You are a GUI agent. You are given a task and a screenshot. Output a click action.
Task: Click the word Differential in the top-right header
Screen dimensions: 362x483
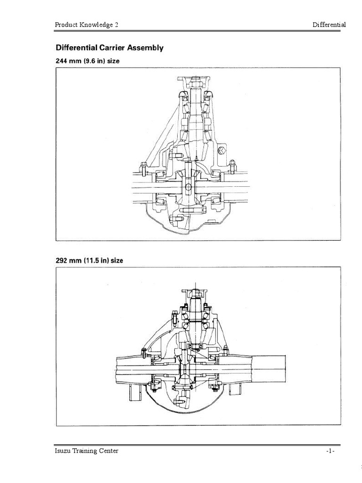[329, 25]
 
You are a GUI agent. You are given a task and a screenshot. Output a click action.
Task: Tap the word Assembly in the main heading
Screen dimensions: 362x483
[146, 48]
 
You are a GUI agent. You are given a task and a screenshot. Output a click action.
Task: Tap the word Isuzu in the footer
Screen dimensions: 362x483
[63, 450]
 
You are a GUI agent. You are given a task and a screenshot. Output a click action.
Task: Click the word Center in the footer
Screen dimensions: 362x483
[109, 450]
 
